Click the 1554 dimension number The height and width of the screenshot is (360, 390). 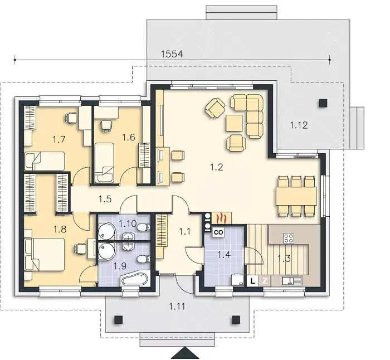172,53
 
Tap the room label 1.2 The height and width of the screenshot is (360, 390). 217,167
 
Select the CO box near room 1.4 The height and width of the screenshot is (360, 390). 218,232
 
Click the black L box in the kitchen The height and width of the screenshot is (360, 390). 253,281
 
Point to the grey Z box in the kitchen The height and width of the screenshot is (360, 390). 265,281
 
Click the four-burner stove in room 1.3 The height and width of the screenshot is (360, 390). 289,238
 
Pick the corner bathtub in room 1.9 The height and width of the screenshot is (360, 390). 134,279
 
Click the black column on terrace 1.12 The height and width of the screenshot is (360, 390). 323,103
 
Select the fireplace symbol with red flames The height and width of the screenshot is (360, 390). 221,218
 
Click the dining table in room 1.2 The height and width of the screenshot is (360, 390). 296,196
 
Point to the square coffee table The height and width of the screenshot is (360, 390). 234,123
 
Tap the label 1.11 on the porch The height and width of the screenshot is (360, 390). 177,307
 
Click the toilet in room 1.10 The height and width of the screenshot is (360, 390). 144,227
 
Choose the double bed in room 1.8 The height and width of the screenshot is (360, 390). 45,254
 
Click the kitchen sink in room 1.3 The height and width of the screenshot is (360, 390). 291,281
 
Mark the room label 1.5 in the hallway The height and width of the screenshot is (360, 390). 105,199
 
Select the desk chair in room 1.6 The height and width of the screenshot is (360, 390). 106,125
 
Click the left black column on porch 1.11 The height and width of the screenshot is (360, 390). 119,320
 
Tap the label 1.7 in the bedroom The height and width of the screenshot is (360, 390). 59,139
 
